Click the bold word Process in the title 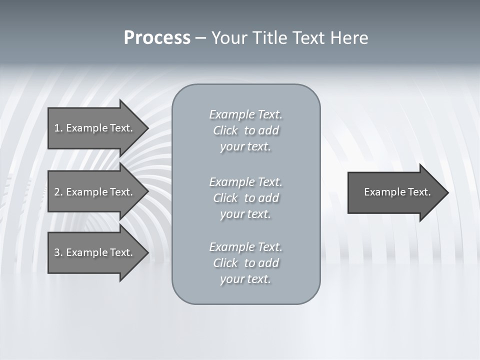click(x=157, y=38)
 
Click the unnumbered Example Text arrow click(x=397, y=192)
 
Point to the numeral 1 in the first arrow click(x=57, y=128)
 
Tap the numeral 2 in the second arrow click(x=57, y=192)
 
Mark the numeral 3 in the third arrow click(x=57, y=252)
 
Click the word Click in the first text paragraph click(x=225, y=130)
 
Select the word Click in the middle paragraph click(x=225, y=198)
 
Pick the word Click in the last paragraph click(x=225, y=263)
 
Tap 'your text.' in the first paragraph click(x=245, y=147)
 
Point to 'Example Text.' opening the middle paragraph click(x=245, y=182)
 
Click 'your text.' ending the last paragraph click(x=245, y=279)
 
